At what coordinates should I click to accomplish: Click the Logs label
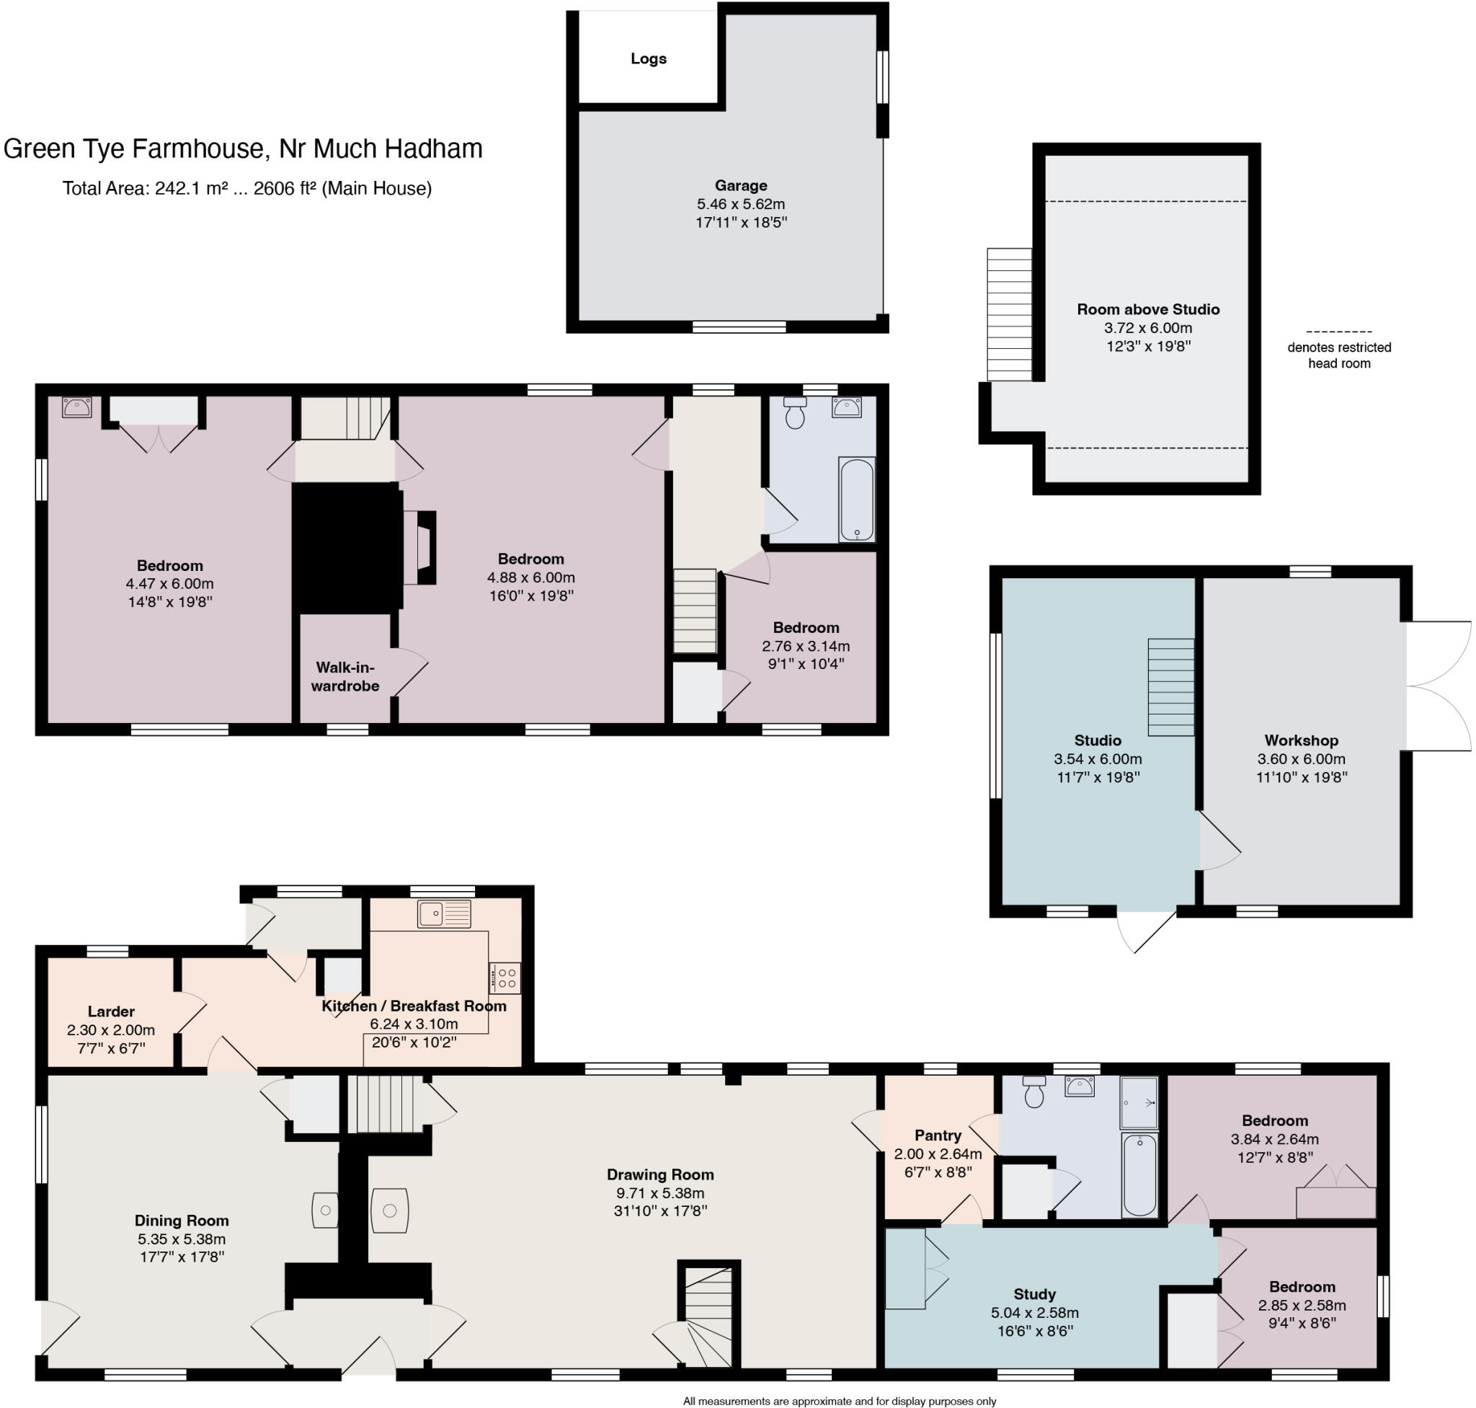[x=648, y=58]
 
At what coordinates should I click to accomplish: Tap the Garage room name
[x=740, y=185]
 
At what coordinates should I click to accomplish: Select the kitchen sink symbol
[x=444, y=913]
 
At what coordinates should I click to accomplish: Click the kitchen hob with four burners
[x=504, y=977]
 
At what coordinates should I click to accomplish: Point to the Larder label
[x=111, y=1011]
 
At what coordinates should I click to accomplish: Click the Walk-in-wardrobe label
[x=344, y=676]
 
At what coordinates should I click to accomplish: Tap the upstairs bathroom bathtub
[x=856, y=499]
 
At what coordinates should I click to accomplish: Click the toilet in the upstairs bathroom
[x=794, y=413]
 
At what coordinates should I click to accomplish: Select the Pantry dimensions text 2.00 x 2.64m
[x=937, y=1154]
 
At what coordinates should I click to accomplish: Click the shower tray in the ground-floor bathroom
[x=1137, y=1102]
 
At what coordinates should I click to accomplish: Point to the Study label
[x=1034, y=1294]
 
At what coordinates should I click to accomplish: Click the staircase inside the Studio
[x=1170, y=687]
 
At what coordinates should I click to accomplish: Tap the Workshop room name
[x=1300, y=740]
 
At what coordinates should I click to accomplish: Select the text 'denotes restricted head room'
[x=1338, y=355]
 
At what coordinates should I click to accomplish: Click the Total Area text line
[x=247, y=188]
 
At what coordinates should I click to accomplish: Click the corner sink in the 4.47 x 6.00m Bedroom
[x=76, y=407]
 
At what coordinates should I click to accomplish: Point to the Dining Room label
[x=182, y=1221]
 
